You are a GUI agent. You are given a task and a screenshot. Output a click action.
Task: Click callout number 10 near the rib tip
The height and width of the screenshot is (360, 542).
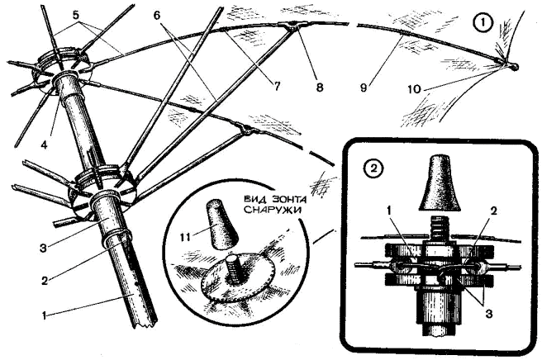(415, 89)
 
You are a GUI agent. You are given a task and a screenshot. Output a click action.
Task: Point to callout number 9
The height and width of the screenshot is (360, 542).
(363, 88)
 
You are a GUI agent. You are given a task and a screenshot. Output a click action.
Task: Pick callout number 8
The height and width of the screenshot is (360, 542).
(320, 87)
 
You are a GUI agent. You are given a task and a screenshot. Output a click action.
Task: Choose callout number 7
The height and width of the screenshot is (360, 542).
(277, 85)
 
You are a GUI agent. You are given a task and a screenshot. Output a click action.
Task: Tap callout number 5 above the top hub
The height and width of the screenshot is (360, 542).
(76, 15)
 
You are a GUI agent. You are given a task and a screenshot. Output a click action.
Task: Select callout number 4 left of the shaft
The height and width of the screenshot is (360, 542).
(44, 144)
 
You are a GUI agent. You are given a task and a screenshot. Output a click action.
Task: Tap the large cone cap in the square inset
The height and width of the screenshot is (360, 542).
(440, 183)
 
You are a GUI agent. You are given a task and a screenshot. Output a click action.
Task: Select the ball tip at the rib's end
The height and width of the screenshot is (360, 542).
(513, 66)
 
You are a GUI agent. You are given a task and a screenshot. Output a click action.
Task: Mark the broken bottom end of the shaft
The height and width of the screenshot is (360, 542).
(145, 324)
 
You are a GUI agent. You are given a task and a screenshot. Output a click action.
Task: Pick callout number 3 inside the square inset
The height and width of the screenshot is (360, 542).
(487, 314)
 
